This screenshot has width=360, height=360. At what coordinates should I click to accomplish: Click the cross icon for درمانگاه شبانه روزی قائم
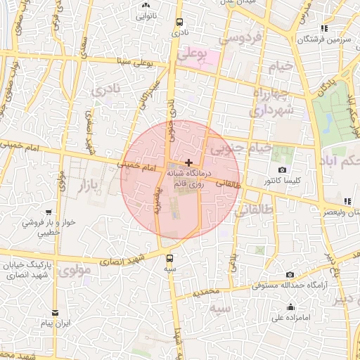[x=188, y=162]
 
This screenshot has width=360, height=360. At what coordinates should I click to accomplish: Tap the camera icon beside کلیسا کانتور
[x=282, y=170]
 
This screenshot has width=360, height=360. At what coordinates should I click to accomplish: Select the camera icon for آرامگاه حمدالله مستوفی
[x=290, y=275]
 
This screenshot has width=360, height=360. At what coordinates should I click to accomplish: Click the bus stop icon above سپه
[x=169, y=258]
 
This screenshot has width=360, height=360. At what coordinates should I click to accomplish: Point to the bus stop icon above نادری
[x=179, y=22]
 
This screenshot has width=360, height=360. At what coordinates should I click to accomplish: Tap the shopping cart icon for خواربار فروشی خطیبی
[x=48, y=212]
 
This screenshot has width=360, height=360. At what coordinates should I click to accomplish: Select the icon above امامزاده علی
[x=291, y=307]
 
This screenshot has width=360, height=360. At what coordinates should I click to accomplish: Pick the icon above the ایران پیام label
[x=55, y=313]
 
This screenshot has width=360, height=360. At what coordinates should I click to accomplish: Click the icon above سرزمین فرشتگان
[x=323, y=29]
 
